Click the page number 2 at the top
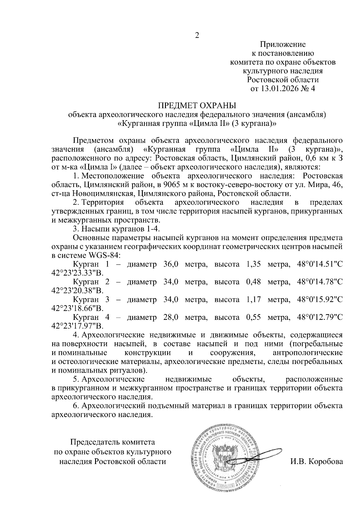(197, 36)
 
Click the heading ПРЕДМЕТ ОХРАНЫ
(197, 106)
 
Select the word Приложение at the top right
(283, 45)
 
